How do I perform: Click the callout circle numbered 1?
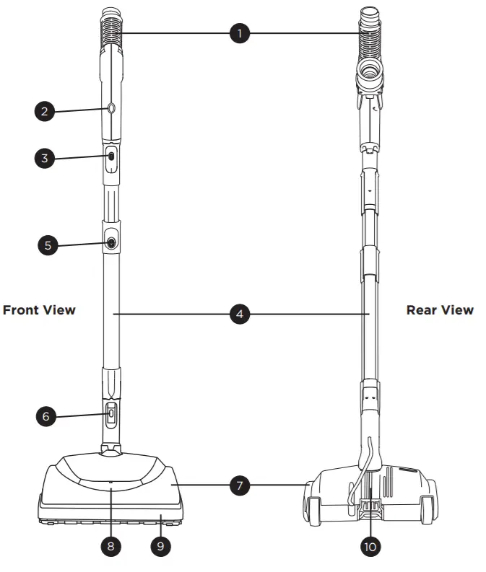click(x=239, y=34)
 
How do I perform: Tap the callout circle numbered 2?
click(x=45, y=112)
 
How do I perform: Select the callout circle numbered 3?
click(x=45, y=159)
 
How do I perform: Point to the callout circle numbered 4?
click(x=239, y=314)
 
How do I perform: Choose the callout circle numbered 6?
click(x=45, y=416)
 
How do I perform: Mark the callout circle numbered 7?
click(x=239, y=485)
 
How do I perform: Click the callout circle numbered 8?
click(x=110, y=546)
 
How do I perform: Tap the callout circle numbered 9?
click(x=161, y=546)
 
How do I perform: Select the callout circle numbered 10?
click(x=370, y=546)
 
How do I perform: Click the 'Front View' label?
click(x=39, y=310)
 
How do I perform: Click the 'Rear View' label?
click(x=440, y=310)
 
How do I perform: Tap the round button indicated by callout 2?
click(x=110, y=108)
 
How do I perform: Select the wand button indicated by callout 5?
click(x=111, y=244)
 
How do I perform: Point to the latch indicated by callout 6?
click(x=111, y=415)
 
